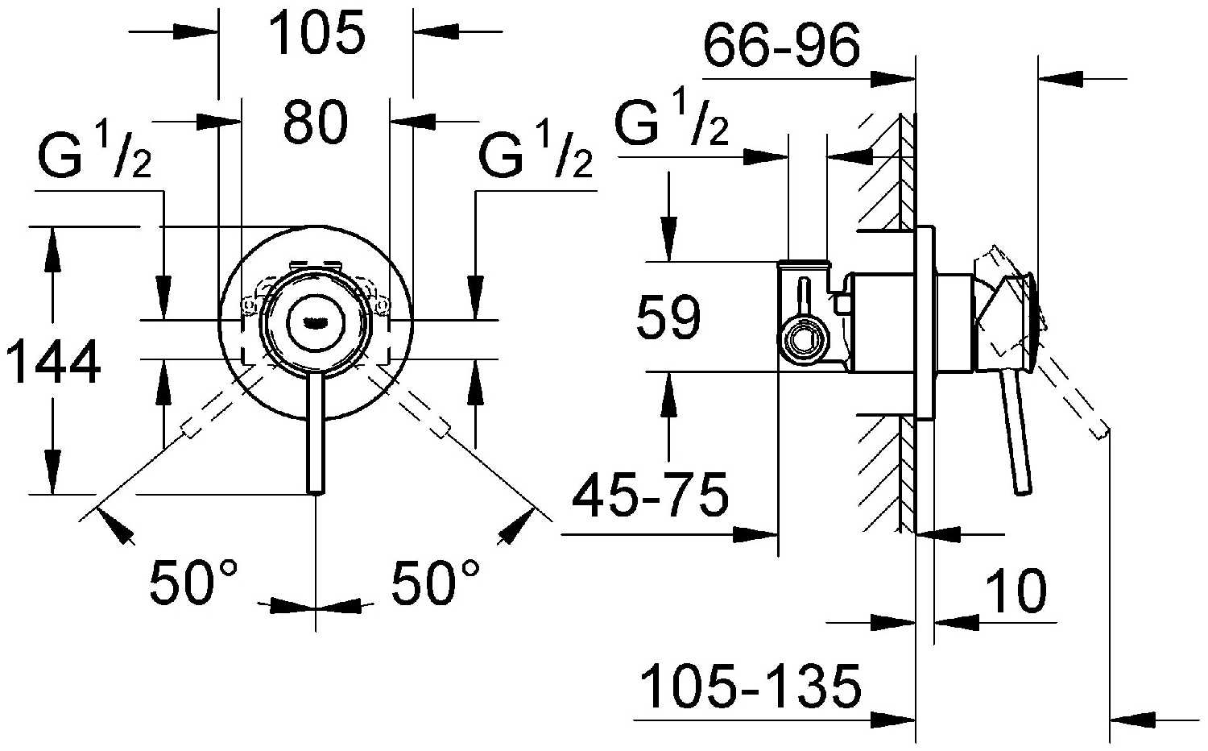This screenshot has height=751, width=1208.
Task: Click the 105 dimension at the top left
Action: [316, 34]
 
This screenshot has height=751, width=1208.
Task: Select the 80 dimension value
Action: [316, 122]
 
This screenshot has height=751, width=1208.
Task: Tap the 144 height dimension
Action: [53, 362]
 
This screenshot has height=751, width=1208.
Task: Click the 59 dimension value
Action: [668, 317]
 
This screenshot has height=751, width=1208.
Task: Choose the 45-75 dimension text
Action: [651, 494]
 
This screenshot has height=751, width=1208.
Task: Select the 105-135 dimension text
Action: [750, 687]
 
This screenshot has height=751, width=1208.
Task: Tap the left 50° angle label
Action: [193, 582]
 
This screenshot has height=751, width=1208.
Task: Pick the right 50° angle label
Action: [435, 582]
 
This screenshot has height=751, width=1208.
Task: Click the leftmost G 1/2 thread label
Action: [95, 155]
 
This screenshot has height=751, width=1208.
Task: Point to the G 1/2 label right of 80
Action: [535, 155]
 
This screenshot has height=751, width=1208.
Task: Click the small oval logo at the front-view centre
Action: [316, 322]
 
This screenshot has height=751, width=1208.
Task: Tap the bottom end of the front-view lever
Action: [316, 492]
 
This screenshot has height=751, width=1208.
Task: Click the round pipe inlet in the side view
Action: [802, 341]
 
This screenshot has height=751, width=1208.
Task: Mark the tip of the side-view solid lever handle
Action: [1023, 490]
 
